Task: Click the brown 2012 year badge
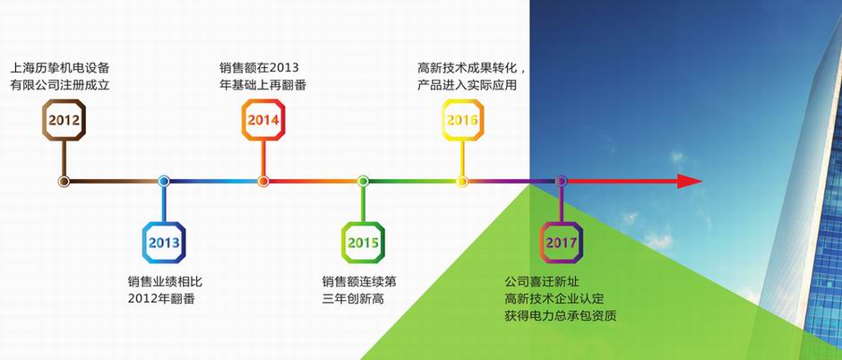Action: click(x=64, y=120)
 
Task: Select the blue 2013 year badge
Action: click(x=164, y=243)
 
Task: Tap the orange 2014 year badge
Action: click(x=263, y=120)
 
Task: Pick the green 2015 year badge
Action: click(x=363, y=243)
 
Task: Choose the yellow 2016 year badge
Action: click(x=462, y=120)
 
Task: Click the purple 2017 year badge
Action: click(x=561, y=243)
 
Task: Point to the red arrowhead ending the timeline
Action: click(x=690, y=181)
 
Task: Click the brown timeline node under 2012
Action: click(x=64, y=181)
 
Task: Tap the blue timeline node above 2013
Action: click(x=164, y=181)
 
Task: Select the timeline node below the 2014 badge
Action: click(x=263, y=181)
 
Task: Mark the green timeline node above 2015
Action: click(x=363, y=181)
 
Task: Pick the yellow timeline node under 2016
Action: click(x=462, y=181)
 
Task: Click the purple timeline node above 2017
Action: click(x=561, y=181)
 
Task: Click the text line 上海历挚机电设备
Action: click(x=60, y=68)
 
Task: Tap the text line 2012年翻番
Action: click(x=161, y=299)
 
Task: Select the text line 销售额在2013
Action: click(x=259, y=68)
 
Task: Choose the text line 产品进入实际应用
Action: click(x=468, y=85)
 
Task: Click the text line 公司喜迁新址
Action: click(x=542, y=282)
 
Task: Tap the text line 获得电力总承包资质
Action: click(x=560, y=315)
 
